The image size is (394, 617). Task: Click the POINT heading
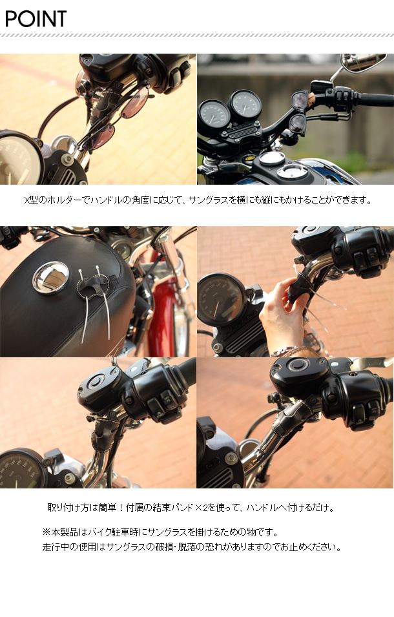pyautogui.click(x=36, y=19)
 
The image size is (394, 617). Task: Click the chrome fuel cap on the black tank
pyautogui.click(x=51, y=278)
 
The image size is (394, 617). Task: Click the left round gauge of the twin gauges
pyautogui.click(x=214, y=115)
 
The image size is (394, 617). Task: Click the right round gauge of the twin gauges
pyautogui.click(x=245, y=105)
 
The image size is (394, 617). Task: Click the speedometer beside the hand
pyautogui.click(x=222, y=299)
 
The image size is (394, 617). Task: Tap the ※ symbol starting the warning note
pyautogui.click(x=47, y=532)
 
